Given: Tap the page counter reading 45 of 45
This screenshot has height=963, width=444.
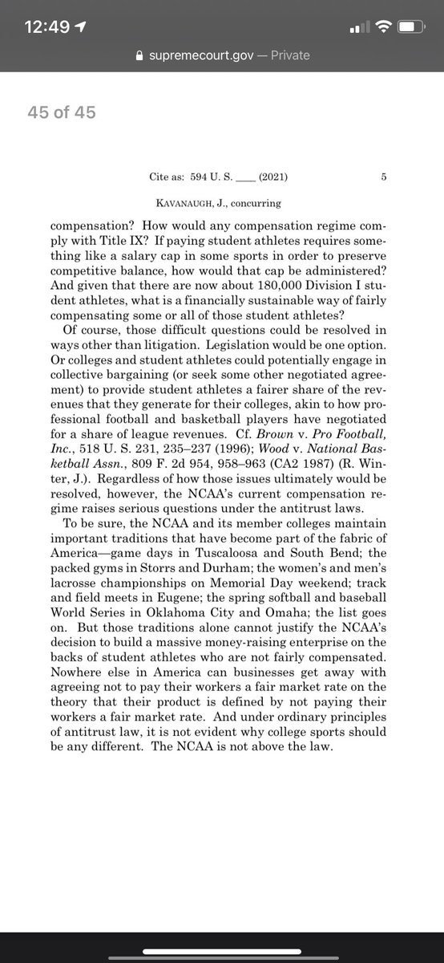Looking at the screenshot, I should tap(62, 112).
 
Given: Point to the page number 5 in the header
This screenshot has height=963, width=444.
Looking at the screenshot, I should tap(385, 179).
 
